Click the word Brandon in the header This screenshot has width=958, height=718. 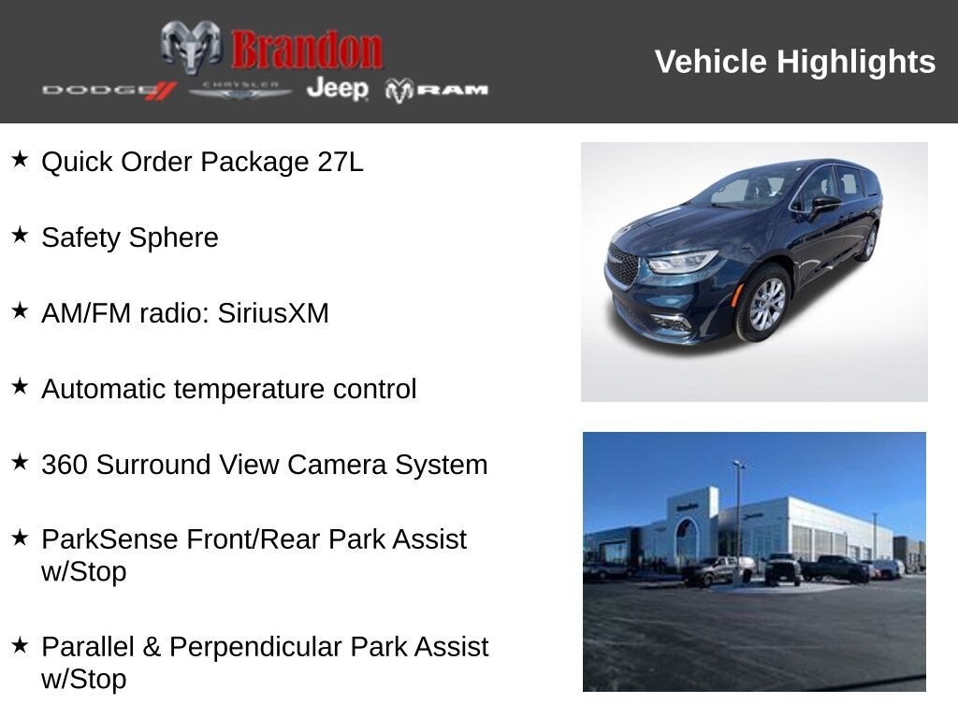click(307, 50)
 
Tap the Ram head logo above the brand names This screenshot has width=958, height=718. click(191, 46)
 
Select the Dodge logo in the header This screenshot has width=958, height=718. click(109, 90)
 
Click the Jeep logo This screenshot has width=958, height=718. click(337, 89)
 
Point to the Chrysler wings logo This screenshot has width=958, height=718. click(240, 90)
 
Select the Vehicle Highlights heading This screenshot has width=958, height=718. click(794, 62)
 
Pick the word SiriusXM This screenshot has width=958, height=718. click(273, 313)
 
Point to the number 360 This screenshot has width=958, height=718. click(65, 465)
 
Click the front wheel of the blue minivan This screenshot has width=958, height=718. click(766, 304)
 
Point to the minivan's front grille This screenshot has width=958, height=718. click(622, 266)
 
